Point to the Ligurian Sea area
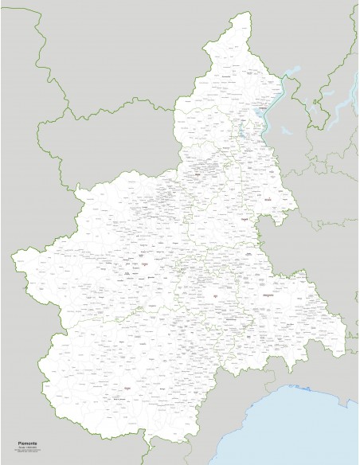311,422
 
